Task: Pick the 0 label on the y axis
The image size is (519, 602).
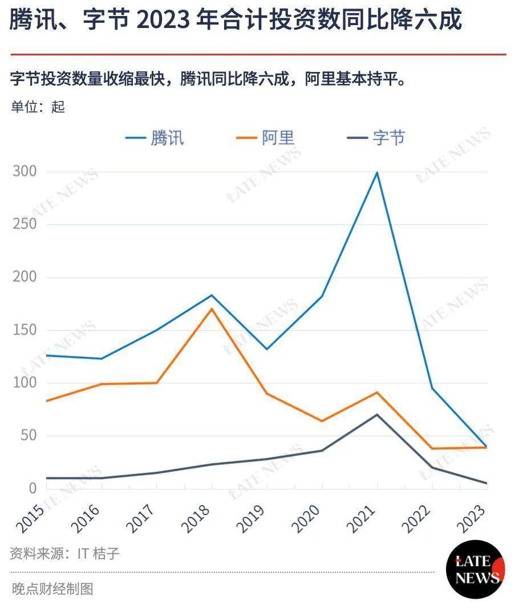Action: tap(32, 488)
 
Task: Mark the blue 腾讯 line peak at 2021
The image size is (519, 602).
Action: tap(377, 172)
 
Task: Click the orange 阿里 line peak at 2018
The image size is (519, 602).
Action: tap(211, 309)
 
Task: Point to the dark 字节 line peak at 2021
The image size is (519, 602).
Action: tap(376, 414)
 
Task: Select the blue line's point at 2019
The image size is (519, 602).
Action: tap(266, 349)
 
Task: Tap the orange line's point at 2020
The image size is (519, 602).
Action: tap(322, 421)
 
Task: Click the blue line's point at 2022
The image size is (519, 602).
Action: tap(432, 388)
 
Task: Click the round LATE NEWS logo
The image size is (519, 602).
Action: tap(475, 569)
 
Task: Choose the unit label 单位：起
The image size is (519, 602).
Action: tap(38, 107)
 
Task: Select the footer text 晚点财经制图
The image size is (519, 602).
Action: tap(52, 589)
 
